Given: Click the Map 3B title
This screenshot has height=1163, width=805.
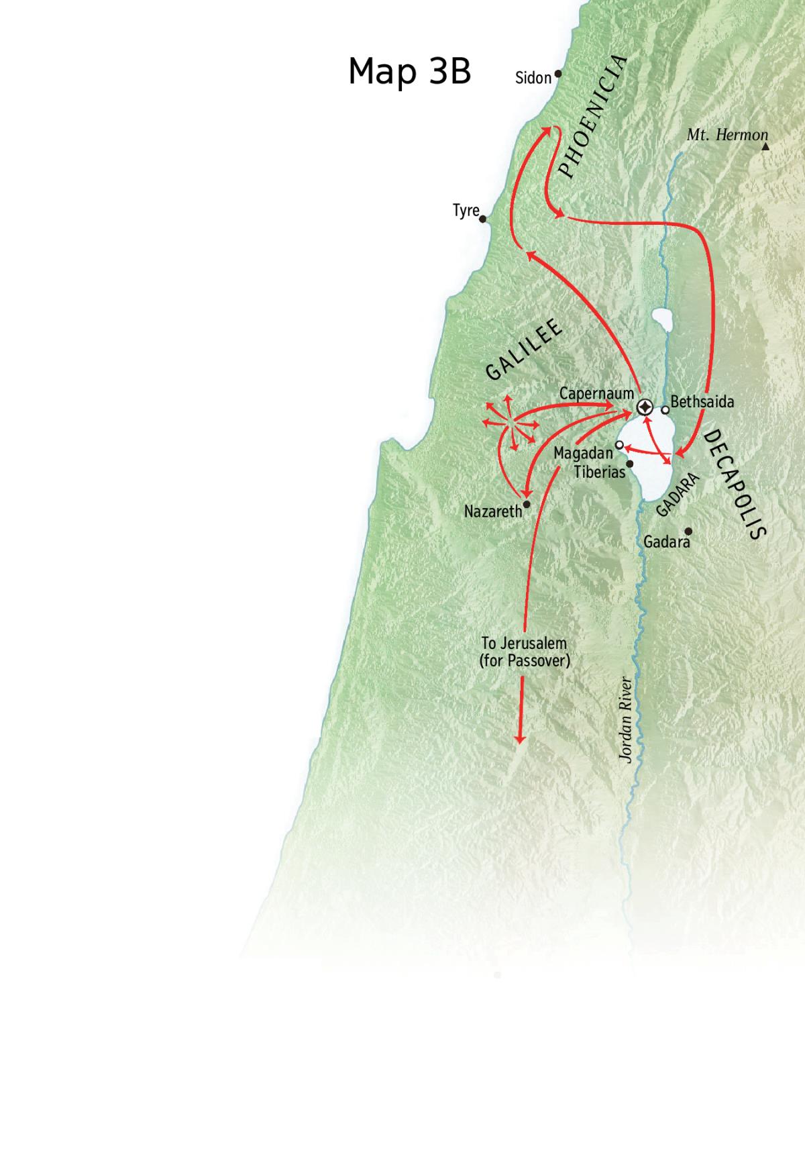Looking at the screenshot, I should [x=409, y=70].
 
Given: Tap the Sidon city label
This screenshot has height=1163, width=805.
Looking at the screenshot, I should [x=533, y=78].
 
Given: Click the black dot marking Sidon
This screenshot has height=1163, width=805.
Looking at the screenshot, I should [x=558, y=74].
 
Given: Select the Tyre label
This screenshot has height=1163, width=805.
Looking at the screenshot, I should [x=466, y=211].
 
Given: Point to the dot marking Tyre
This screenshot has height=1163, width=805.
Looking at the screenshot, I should [x=483, y=219].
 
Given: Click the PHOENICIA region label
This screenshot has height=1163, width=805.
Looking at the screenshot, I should [x=593, y=117].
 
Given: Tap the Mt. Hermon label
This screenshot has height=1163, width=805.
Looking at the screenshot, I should [x=727, y=135].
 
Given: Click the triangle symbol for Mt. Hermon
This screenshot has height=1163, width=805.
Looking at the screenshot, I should [x=765, y=146].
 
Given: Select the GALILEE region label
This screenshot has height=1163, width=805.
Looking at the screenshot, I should [x=524, y=351].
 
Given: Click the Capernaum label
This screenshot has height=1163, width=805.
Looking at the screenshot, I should [x=596, y=393].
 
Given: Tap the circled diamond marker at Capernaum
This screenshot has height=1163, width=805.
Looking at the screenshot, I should [x=645, y=407].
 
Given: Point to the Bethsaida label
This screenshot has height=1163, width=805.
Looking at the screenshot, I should [x=702, y=402].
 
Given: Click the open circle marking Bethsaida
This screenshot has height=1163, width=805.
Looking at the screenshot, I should [x=665, y=409].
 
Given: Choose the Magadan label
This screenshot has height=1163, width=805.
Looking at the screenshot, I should [x=583, y=454].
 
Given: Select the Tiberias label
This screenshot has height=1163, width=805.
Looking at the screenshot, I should [x=599, y=472].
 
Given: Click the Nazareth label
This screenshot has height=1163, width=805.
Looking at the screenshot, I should [x=493, y=511].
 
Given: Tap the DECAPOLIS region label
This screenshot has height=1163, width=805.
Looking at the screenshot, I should [x=735, y=485].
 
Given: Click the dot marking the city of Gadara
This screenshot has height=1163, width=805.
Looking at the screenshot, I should [x=688, y=531].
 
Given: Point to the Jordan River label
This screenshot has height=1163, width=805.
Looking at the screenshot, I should [x=625, y=719].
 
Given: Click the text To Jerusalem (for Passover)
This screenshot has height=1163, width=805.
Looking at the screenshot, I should [x=525, y=652].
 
